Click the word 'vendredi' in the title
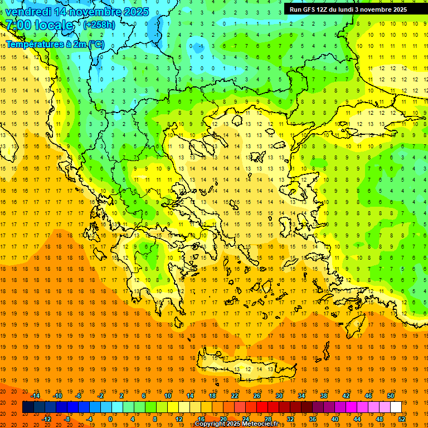[x=28, y=11]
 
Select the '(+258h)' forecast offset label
[x=99, y=25]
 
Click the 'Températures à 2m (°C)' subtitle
[x=55, y=43]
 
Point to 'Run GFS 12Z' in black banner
[x=312, y=9]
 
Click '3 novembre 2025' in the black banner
[x=381, y=9]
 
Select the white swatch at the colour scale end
[x=396, y=407]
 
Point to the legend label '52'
[x=402, y=419]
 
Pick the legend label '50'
[x=391, y=396]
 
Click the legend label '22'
[x=235, y=396]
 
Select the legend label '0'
[x=110, y=419]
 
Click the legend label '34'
[x=301, y=396]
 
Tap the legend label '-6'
[x=79, y=396]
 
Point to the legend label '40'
[x=335, y=419]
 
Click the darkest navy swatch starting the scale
[x=28, y=407]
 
